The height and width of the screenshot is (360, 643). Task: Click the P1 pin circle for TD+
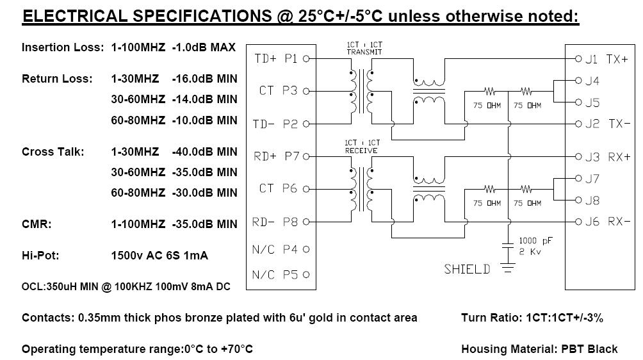coord(306,59)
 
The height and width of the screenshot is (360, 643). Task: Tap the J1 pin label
coord(591,59)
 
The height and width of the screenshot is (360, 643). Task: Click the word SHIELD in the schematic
coord(467,269)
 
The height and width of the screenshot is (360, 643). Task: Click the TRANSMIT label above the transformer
coord(364,52)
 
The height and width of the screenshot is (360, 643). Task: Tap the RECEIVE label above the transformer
coord(361,151)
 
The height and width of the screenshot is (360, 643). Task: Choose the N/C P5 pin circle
coord(306,275)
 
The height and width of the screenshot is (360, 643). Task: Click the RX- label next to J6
coord(619,222)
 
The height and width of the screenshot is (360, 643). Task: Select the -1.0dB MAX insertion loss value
coord(204,47)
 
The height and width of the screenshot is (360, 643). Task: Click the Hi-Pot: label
coord(40,256)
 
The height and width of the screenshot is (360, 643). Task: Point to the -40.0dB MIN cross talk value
coord(205,152)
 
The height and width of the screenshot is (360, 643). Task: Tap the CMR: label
coord(37,224)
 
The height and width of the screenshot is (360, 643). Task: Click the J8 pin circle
coord(578,200)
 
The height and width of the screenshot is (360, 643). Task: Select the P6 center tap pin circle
coord(306,189)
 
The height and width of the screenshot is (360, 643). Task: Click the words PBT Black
coord(589,349)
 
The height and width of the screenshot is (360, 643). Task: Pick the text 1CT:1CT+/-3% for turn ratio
coord(565,318)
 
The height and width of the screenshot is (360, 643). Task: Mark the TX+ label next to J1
coord(617,59)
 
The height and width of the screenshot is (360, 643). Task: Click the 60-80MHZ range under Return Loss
coord(138,120)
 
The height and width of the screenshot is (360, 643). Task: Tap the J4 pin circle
coord(578,81)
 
